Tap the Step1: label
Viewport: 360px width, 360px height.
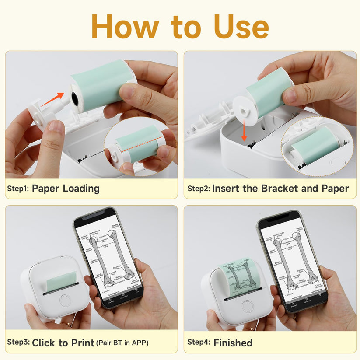click(18, 189)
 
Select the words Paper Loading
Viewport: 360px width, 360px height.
click(66, 189)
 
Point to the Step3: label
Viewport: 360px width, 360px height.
click(18, 343)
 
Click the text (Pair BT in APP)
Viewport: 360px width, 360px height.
click(122, 343)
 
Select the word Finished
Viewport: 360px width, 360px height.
click(233, 343)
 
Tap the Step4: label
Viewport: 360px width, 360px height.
click(199, 343)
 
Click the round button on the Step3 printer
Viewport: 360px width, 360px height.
click(65, 300)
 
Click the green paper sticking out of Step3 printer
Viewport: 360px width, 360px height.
click(61, 280)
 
